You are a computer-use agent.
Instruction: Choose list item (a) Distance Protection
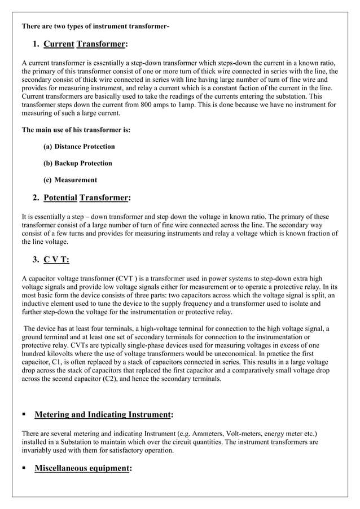pyautogui.click(x=79, y=147)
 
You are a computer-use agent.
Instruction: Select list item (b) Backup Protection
pyautogui.click(x=77, y=163)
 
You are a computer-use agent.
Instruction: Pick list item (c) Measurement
pyautogui.click(x=70, y=180)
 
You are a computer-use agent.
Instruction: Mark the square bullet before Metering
pyautogui.click(x=24, y=415)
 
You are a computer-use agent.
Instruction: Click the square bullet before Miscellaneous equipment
pyautogui.click(x=24, y=468)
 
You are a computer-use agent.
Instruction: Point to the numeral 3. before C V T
pyautogui.click(x=36, y=260)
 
